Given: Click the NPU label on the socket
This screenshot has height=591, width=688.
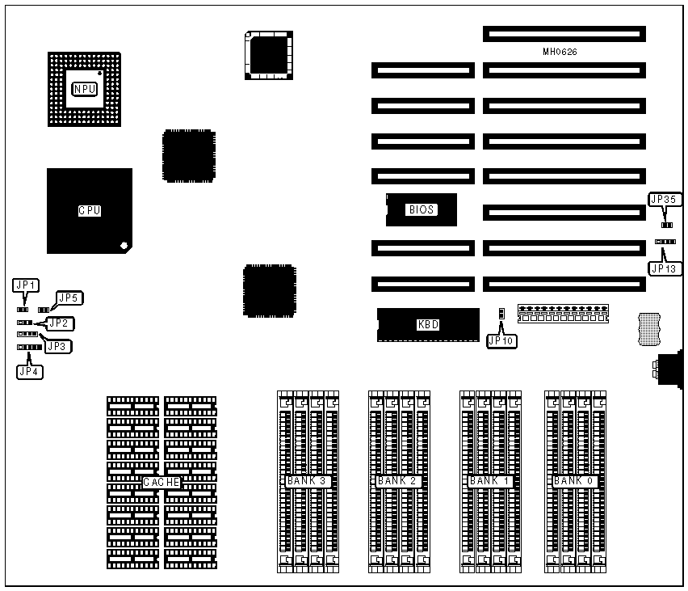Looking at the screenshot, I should [x=85, y=89].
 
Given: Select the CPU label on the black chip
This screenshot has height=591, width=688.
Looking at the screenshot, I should [x=89, y=210].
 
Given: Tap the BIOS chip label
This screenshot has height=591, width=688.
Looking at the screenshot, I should [x=421, y=209].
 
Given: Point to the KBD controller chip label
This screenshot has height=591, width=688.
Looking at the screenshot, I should [x=427, y=325].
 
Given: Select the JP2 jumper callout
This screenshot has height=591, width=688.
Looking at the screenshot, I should [x=59, y=323].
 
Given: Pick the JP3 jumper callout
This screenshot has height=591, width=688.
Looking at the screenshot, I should [x=57, y=346].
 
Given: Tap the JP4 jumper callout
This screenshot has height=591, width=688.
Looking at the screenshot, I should [x=31, y=372].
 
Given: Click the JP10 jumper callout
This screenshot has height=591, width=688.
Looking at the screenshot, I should [x=501, y=341].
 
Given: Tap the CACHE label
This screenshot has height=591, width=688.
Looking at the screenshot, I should [x=162, y=483].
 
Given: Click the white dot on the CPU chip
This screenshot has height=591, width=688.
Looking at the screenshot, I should [x=123, y=245].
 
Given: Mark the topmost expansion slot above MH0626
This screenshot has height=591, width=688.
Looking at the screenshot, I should [x=564, y=35].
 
